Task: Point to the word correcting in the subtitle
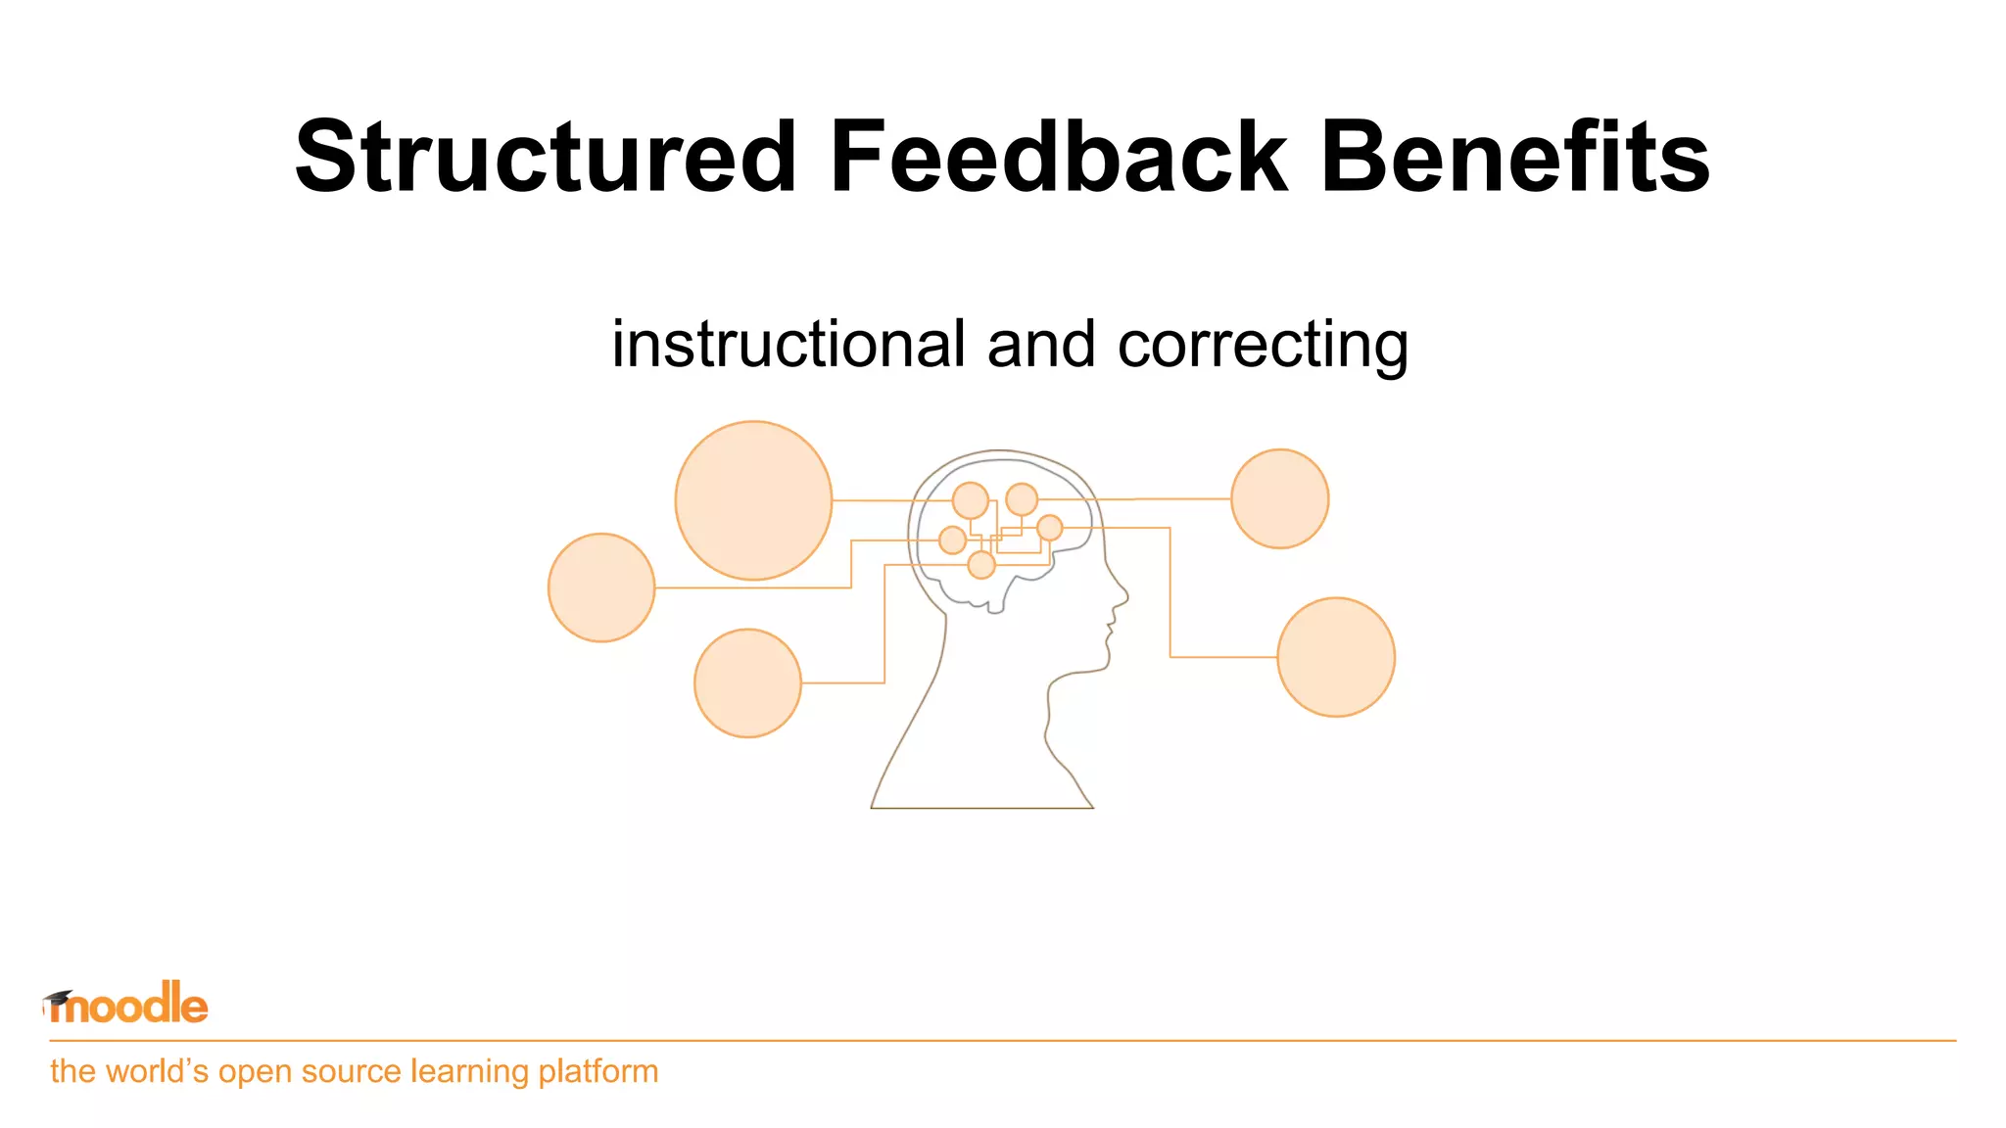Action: pyautogui.click(x=1263, y=347)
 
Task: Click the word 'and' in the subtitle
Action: pyautogui.click(x=1040, y=345)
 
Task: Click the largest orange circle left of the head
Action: pyautogui.click(x=753, y=500)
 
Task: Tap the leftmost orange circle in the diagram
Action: pyautogui.click(x=601, y=587)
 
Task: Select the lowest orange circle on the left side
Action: pyautogui.click(x=747, y=682)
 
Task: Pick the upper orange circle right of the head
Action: pyautogui.click(x=1279, y=498)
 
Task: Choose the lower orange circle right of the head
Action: pyautogui.click(x=1336, y=657)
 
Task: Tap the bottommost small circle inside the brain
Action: pyautogui.click(x=981, y=565)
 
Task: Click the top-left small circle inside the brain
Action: pyautogui.click(x=971, y=500)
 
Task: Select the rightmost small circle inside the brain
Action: pyautogui.click(x=1049, y=528)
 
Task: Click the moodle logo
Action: pyautogui.click(x=127, y=1005)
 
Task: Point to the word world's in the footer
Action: pyautogui.click(x=157, y=1071)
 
